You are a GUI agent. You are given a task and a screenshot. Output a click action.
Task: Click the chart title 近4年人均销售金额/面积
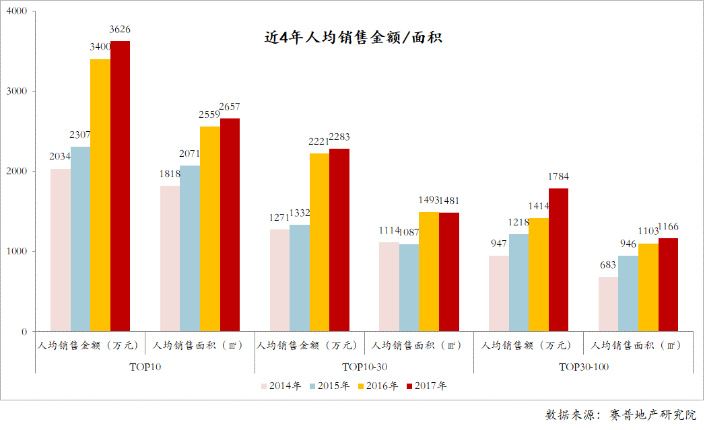coord(353,38)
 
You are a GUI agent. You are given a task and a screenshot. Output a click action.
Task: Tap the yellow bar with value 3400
coord(100,195)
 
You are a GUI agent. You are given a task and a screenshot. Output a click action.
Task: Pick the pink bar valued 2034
coord(61,250)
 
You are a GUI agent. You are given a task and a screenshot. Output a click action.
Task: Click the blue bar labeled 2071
coord(190,248)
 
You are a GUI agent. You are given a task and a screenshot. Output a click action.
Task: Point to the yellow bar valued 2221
coord(319,242)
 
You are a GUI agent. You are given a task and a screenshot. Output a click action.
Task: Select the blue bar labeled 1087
coord(409,287)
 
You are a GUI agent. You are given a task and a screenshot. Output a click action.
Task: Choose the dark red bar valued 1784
coord(558,260)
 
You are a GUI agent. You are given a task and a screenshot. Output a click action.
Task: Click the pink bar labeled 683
coord(608,304)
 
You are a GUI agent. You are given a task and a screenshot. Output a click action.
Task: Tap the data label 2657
coord(230,106)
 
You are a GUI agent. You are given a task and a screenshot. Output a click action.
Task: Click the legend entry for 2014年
coord(280,386)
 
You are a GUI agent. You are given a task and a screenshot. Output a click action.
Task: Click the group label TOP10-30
coord(364,367)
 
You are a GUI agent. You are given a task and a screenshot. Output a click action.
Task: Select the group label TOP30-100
coord(584,367)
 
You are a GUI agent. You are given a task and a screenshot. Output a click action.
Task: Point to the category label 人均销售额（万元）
coord(529,346)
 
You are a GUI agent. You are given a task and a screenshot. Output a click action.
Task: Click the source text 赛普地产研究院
coord(652,415)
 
